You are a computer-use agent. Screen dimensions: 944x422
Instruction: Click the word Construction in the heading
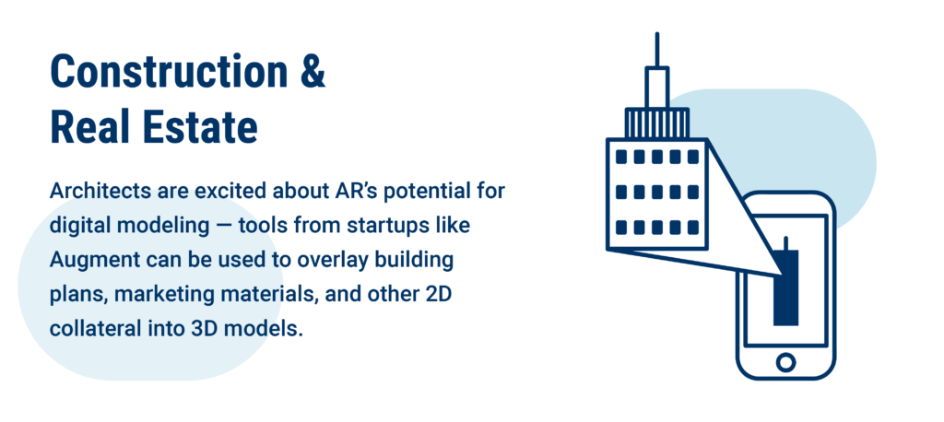[x=170, y=72]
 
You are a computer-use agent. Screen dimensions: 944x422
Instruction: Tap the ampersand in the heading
[x=312, y=72]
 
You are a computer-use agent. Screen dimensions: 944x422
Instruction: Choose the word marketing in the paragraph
[x=159, y=296]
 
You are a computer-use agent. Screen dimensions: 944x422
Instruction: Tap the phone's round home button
[x=785, y=362]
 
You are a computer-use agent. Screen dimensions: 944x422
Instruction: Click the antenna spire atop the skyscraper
[x=656, y=50]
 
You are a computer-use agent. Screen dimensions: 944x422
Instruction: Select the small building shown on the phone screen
[x=785, y=282]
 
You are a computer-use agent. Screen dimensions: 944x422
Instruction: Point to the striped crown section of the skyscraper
[x=656, y=123]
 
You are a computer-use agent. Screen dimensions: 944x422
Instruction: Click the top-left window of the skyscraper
[x=621, y=158]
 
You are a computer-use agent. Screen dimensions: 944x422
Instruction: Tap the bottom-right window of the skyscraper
[x=693, y=228]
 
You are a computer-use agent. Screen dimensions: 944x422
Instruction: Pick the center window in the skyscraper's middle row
[x=656, y=192]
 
